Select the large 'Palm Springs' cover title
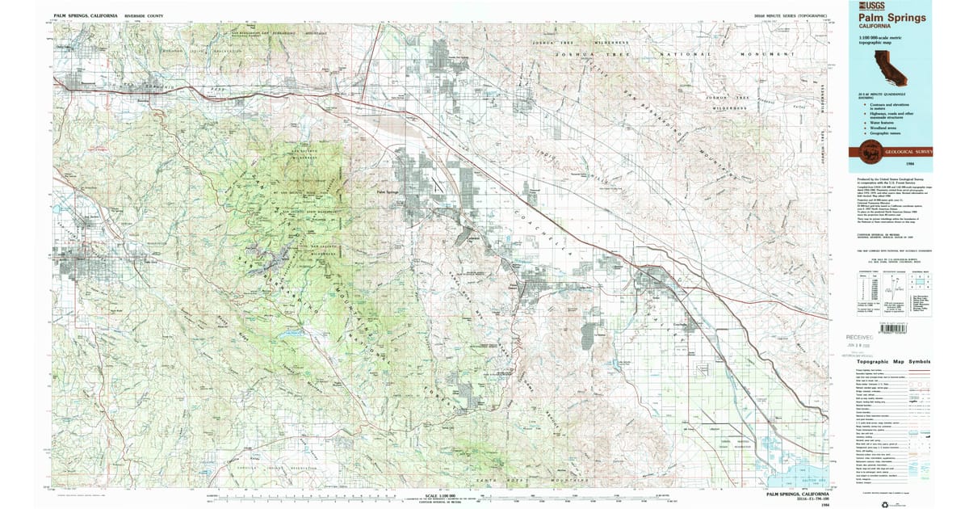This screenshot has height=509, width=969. pos(891,16)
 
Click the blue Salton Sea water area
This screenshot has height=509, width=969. pos(803,473)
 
